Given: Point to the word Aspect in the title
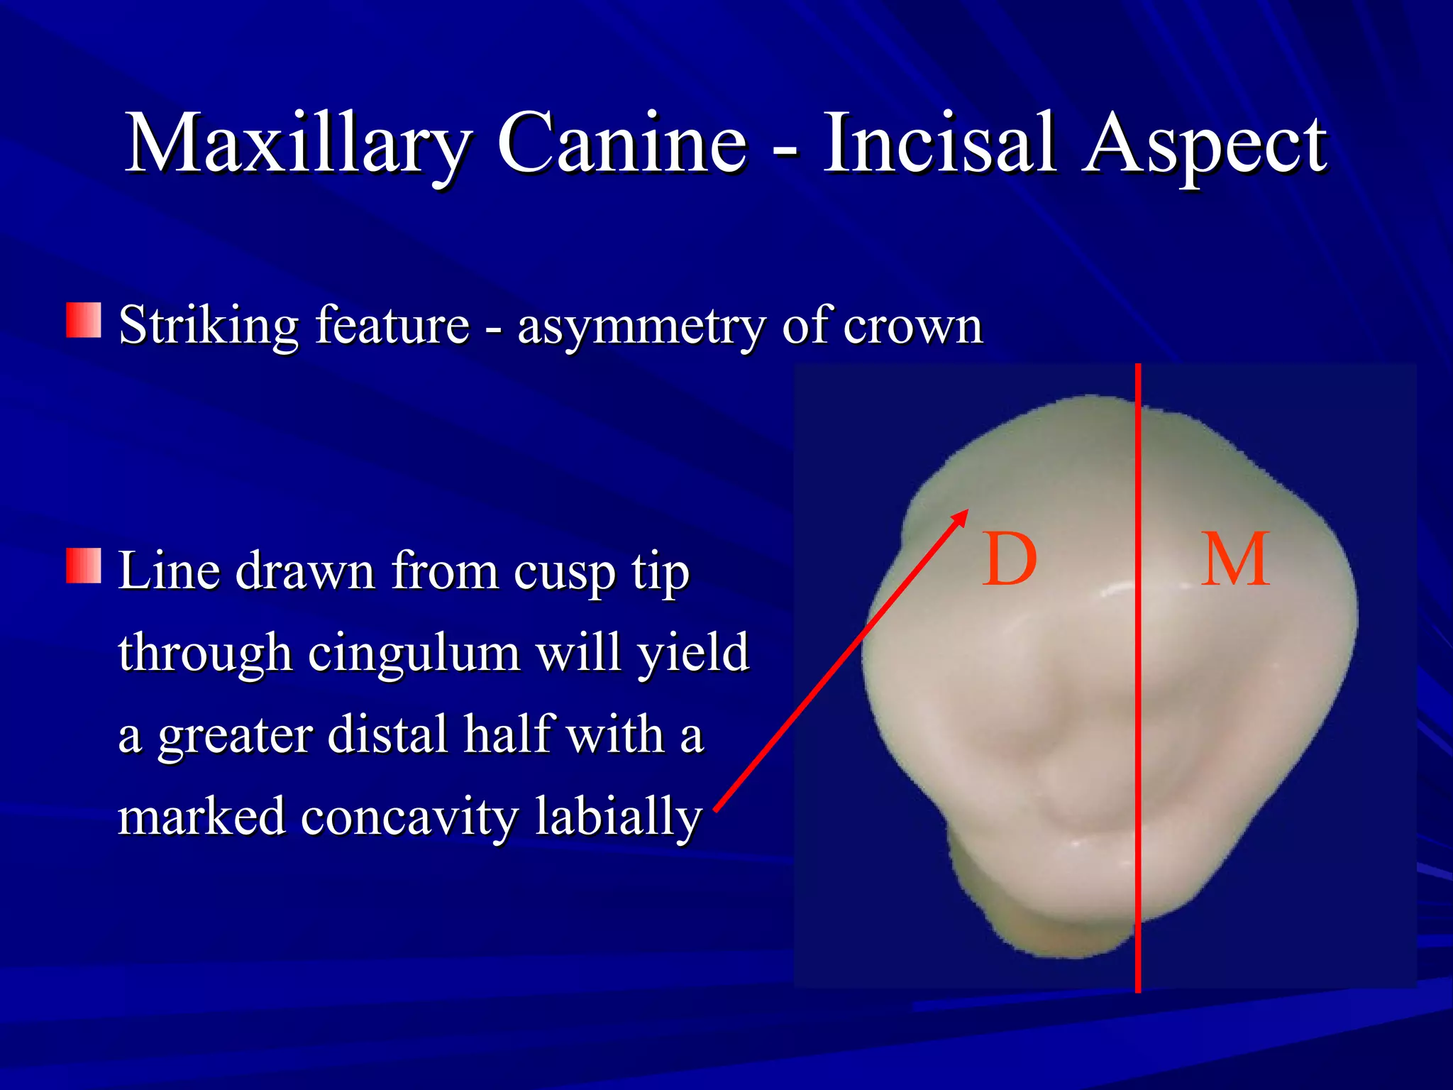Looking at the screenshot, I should (x=1204, y=145).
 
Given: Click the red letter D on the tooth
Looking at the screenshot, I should (x=1010, y=560).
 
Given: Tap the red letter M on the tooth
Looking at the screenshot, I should (x=1235, y=560).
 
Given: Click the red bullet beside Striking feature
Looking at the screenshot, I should (x=84, y=321).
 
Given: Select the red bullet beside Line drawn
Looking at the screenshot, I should (x=84, y=566).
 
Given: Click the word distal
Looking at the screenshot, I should (x=389, y=734).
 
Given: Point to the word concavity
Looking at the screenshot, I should (x=409, y=816).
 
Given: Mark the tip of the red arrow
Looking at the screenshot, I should (x=966, y=511).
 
